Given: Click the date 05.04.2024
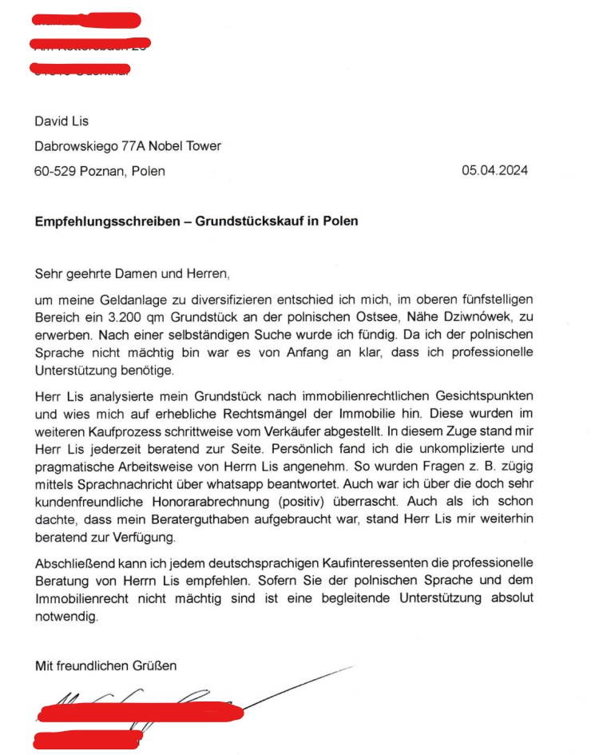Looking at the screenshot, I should pos(494,170).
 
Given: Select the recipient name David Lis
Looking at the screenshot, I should pos(61,121).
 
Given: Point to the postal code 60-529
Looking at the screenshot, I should pos(54,170).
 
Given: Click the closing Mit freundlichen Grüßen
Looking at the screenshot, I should pos(105,665).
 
